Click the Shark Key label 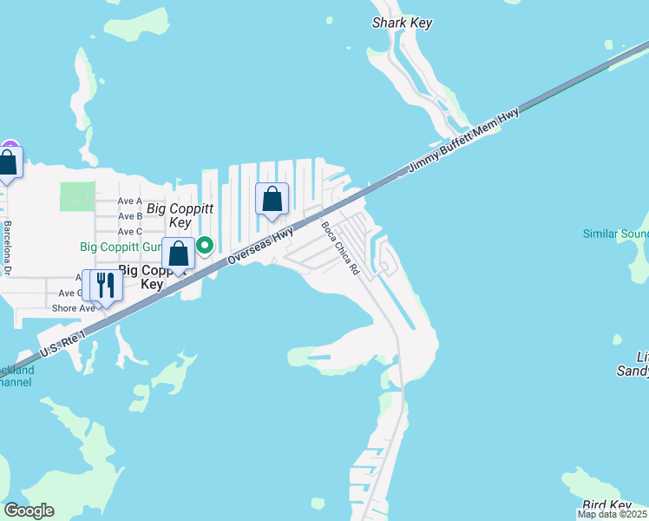click(x=402, y=23)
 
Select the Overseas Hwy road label click(x=260, y=247)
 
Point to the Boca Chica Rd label click(x=340, y=249)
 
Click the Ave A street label click(x=129, y=201)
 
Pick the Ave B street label click(x=129, y=216)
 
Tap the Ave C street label click(x=129, y=232)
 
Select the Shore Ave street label click(x=73, y=308)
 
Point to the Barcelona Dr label click(x=8, y=247)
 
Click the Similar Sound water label click(x=615, y=234)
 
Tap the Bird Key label click(x=606, y=505)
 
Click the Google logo click(x=29, y=511)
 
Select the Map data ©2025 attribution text click(x=613, y=515)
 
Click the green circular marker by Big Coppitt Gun click(x=205, y=246)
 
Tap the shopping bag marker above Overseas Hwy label click(x=272, y=199)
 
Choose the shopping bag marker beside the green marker click(x=178, y=254)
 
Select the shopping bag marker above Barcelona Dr click(x=9, y=162)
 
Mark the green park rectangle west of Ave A click(x=77, y=197)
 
